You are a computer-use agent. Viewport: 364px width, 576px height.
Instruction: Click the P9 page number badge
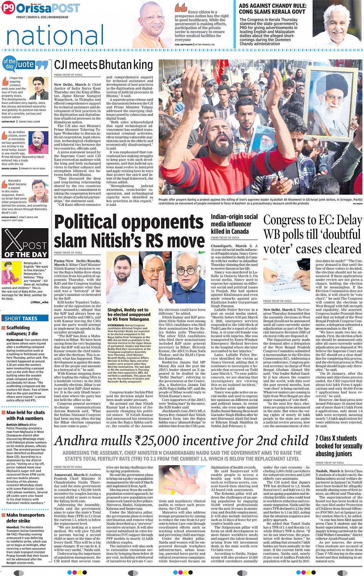(8, 8)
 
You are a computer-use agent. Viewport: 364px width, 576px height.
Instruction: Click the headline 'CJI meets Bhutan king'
(103, 65)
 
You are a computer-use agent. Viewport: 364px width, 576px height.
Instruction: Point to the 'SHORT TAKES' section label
(21, 318)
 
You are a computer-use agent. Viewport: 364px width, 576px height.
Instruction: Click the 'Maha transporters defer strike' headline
(25, 518)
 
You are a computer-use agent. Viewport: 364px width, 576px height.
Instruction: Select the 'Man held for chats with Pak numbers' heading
(25, 415)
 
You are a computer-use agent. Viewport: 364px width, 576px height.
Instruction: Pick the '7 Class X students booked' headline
(339, 446)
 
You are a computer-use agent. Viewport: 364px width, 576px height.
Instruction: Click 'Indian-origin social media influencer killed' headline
(234, 224)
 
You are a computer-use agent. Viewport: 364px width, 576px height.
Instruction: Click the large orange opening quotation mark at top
(181, 7)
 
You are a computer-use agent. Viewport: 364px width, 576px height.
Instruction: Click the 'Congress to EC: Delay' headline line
(312, 220)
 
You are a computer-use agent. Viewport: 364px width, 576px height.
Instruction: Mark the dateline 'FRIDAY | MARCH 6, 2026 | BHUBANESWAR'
(42, 17)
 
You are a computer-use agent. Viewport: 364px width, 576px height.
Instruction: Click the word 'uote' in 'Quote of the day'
(26, 64)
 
